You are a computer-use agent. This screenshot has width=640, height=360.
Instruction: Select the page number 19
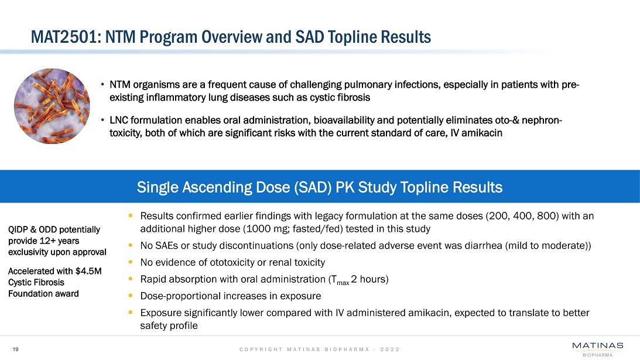point(16,349)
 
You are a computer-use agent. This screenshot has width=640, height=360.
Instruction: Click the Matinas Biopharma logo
point(597,347)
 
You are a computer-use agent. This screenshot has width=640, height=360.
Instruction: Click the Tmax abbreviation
point(337,280)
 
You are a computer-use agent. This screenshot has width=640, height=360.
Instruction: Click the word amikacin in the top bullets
point(482,133)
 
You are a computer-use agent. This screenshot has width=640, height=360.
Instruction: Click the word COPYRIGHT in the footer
point(261,349)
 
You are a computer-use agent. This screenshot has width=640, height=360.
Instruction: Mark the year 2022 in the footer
point(390,349)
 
